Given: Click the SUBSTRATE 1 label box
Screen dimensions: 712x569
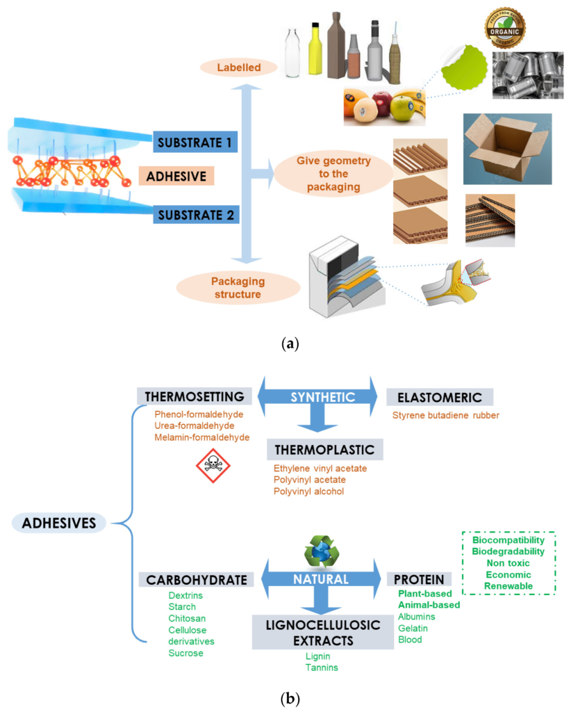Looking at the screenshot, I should (195, 143).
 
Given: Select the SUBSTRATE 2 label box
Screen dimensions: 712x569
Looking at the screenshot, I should (196, 213).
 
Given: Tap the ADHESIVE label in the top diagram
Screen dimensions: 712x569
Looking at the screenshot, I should (176, 177).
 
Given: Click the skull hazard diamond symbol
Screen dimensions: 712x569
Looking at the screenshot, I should (214, 463).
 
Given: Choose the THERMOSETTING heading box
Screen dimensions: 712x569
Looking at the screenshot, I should (194, 396).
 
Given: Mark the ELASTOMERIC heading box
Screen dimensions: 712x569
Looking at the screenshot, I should (439, 397).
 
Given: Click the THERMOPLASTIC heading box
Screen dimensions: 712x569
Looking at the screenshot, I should (324, 449).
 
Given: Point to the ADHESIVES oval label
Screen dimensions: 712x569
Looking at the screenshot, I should (58, 522).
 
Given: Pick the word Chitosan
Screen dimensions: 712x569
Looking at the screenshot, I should (188, 618).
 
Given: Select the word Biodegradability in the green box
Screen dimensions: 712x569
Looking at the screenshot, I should (509, 551).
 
